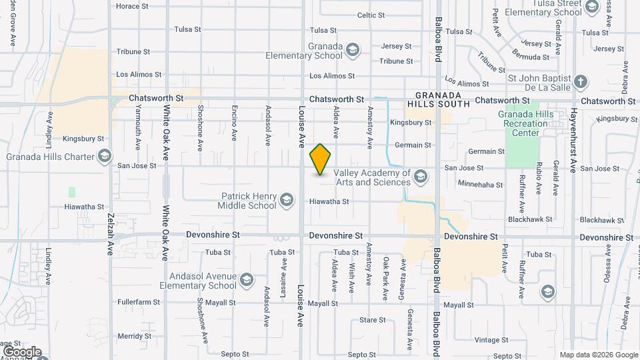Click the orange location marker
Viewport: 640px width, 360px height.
click(x=321, y=159)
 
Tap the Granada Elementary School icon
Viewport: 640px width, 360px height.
click(x=353, y=49)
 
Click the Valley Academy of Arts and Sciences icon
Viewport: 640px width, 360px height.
click(x=420, y=177)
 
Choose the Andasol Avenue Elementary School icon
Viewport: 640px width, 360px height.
click(x=247, y=279)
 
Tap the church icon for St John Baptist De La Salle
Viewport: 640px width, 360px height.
click(x=581, y=82)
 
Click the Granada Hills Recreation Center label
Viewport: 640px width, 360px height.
click(x=527, y=123)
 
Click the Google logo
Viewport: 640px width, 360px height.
click(x=22, y=352)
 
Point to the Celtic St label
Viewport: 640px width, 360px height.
click(x=371, y=15)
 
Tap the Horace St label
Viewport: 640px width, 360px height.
click(x=132, y=6)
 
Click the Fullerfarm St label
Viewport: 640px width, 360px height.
click(x=139, y=302)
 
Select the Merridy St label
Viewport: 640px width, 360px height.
click(x=134, y=336)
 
